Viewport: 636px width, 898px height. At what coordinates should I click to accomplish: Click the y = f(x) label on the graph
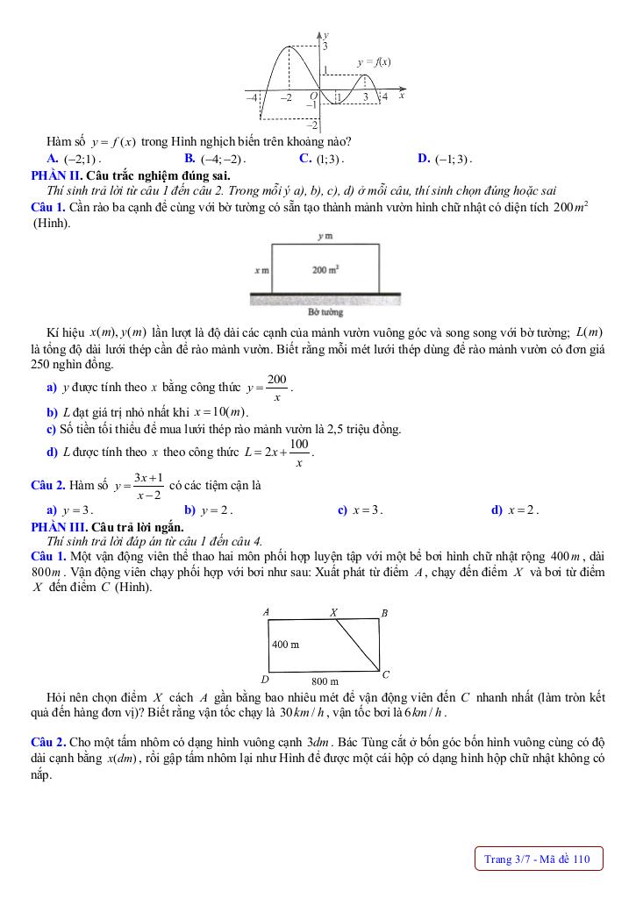pyautogui.click(x=375, y=62)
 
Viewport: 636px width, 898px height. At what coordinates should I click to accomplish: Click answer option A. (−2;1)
pyautogui.click(x=75, y=159)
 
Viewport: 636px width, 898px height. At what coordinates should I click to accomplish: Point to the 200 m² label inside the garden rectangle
pyautogui.click(x=325, y=270)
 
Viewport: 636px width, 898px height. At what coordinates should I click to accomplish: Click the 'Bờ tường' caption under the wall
pyautogui.click(x=325, y=311)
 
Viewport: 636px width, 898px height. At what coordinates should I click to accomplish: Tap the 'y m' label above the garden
pyautogui.click(x=325, y=236)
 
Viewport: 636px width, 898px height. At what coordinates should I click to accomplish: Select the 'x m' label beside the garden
pyautogui.click(x=261, y=271)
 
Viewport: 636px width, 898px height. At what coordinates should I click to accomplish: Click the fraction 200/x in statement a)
pyautogui.click(x=277, y=387)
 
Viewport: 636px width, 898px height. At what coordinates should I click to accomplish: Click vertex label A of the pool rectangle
pyautogui.click(x=266, y=611)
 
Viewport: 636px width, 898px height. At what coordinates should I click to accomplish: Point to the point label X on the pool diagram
pyautogui.click(x=333, y=612)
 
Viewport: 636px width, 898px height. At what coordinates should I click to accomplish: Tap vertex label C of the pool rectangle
pyautogui.click(x=386, y=673)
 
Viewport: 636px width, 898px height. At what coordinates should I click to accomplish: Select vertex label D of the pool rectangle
pyautogui.click(x=265, y=678)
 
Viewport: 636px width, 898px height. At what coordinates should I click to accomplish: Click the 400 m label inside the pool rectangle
pyautogui.click(x=285, y=644)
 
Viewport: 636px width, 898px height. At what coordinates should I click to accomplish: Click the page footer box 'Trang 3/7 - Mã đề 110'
pyautogui.click(x=538, y=859)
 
